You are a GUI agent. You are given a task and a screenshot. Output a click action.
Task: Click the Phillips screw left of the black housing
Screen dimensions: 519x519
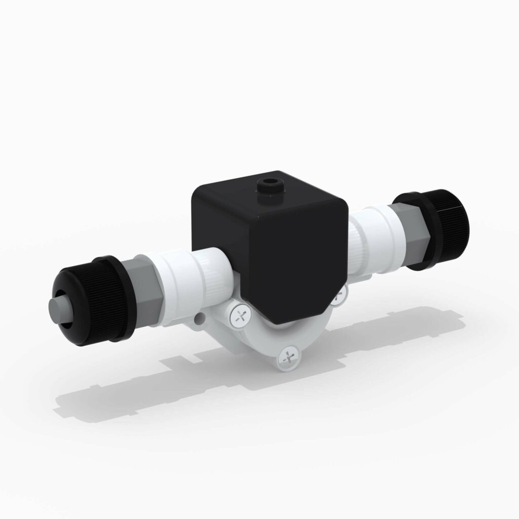(241, 317)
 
